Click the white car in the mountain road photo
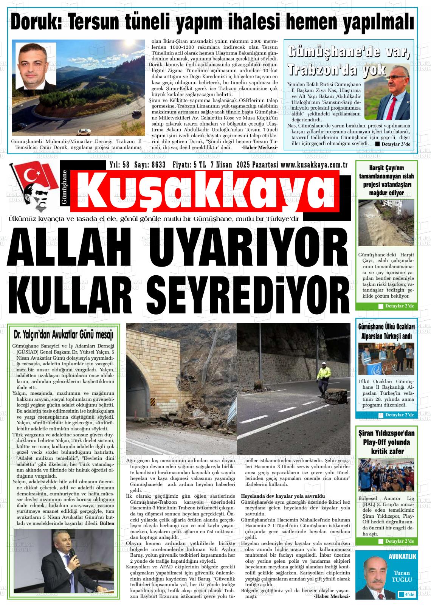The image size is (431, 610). coord(84,132)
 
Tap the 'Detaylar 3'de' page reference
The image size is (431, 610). coord(394,144)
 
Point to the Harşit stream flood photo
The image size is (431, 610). coord(386,223)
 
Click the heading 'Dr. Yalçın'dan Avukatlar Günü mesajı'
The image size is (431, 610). coord(64,335)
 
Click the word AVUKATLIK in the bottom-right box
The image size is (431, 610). coord(402,557)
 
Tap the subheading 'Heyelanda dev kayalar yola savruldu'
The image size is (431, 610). coord(283,496)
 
